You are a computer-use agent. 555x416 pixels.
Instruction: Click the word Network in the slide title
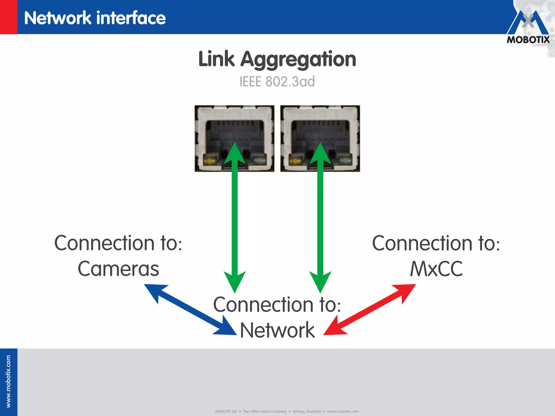click(58, 18)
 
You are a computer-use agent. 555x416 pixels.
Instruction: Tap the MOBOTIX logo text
click(528, 40)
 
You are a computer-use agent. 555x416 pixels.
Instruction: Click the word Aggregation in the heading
click(298, 60)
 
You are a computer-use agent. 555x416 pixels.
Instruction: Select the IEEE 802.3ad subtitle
click(277, 82)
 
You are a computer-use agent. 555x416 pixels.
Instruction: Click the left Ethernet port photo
click(234, 138)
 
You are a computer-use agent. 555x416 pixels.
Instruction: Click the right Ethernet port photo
click(320, 138)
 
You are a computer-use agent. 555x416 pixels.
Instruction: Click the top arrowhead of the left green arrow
click(235, 153)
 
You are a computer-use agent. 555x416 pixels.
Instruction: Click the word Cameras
click(118, 269)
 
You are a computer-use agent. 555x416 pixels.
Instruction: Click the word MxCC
click(436, 269)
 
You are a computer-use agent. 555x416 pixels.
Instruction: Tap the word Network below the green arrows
click(277, 330)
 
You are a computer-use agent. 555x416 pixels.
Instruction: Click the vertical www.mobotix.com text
click(8, 381)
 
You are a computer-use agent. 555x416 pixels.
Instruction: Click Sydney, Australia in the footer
click(306, 411)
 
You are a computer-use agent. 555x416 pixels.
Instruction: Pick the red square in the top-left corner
click(8, 17)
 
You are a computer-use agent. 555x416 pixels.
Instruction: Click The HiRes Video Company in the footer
click(264, 411)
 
